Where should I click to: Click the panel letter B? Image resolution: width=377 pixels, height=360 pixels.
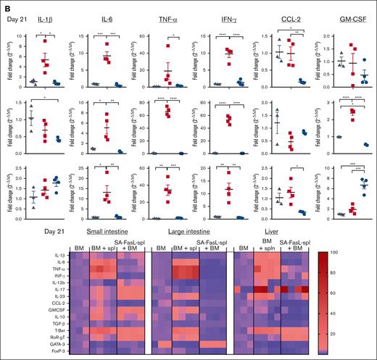(5, 5)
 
